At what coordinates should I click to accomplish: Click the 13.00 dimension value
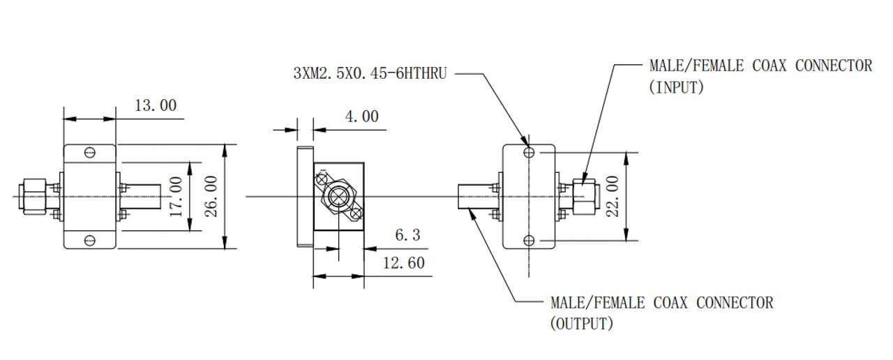[156, 105]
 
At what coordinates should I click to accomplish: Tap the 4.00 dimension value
[361, 117]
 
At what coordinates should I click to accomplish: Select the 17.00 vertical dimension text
[177, 197]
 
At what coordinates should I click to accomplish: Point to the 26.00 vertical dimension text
[211, 196]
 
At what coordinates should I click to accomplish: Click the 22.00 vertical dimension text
[613, 196]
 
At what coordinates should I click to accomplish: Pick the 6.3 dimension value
[407, 235]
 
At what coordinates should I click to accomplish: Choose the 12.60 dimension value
[404, 263]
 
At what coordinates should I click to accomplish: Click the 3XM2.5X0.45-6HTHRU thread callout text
[370, 73]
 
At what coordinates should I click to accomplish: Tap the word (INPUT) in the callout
[676, 87]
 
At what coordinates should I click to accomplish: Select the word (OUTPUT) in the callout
[582, 323]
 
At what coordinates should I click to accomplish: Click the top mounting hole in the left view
[90, 152]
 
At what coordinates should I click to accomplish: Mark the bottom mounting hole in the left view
[90, 241]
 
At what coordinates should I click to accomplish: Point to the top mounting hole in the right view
[529, 152]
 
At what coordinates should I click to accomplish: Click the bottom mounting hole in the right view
[529, 241]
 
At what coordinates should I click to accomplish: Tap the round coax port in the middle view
[338, 196]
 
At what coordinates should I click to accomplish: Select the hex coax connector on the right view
[585, 197]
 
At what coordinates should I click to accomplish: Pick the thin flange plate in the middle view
[305, 197]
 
